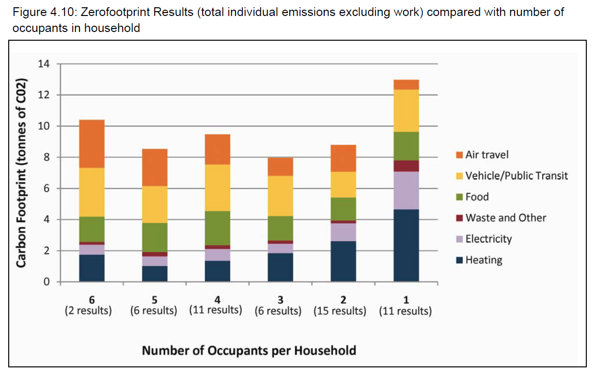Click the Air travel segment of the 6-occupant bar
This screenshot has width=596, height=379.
(92, 143)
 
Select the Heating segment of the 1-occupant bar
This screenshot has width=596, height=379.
(406, 245)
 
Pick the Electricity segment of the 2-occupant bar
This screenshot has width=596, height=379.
(343, 232)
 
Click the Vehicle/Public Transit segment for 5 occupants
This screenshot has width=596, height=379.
(155, 204)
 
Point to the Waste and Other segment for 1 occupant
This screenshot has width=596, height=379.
(406, 166)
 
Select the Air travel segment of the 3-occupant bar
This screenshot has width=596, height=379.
(280, 167)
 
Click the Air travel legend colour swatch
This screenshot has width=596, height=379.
(459, 155)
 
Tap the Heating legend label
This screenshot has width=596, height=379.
(484, 260)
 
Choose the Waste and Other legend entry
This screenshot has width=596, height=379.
(505, 218)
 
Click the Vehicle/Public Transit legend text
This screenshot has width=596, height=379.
(517, 176)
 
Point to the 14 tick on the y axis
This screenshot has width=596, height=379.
(44, 64)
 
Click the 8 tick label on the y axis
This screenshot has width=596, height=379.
(47, 158)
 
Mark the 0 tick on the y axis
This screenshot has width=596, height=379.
(47, 282)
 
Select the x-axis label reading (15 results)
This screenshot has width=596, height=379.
(340, 311)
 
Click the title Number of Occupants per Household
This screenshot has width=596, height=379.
(249, 350)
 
